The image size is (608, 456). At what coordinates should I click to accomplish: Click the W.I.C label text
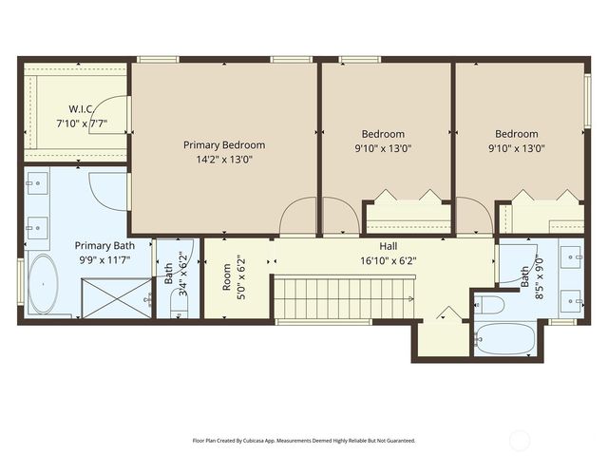[x=80, y=109]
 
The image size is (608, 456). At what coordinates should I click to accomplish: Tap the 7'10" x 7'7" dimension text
[x=80, y=123]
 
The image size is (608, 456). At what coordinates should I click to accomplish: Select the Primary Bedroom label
[x=224, y=145]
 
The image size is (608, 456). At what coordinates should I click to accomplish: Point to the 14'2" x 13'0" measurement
[x=224, y=160]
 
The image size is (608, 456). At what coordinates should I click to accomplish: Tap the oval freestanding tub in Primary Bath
[x=43, y=284]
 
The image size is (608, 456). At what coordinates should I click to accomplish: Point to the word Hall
[x=389, y=246]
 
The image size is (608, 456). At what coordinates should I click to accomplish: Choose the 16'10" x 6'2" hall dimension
[x=389, y=259]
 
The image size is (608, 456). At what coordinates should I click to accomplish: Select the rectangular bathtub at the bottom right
[x=505, y=338]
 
